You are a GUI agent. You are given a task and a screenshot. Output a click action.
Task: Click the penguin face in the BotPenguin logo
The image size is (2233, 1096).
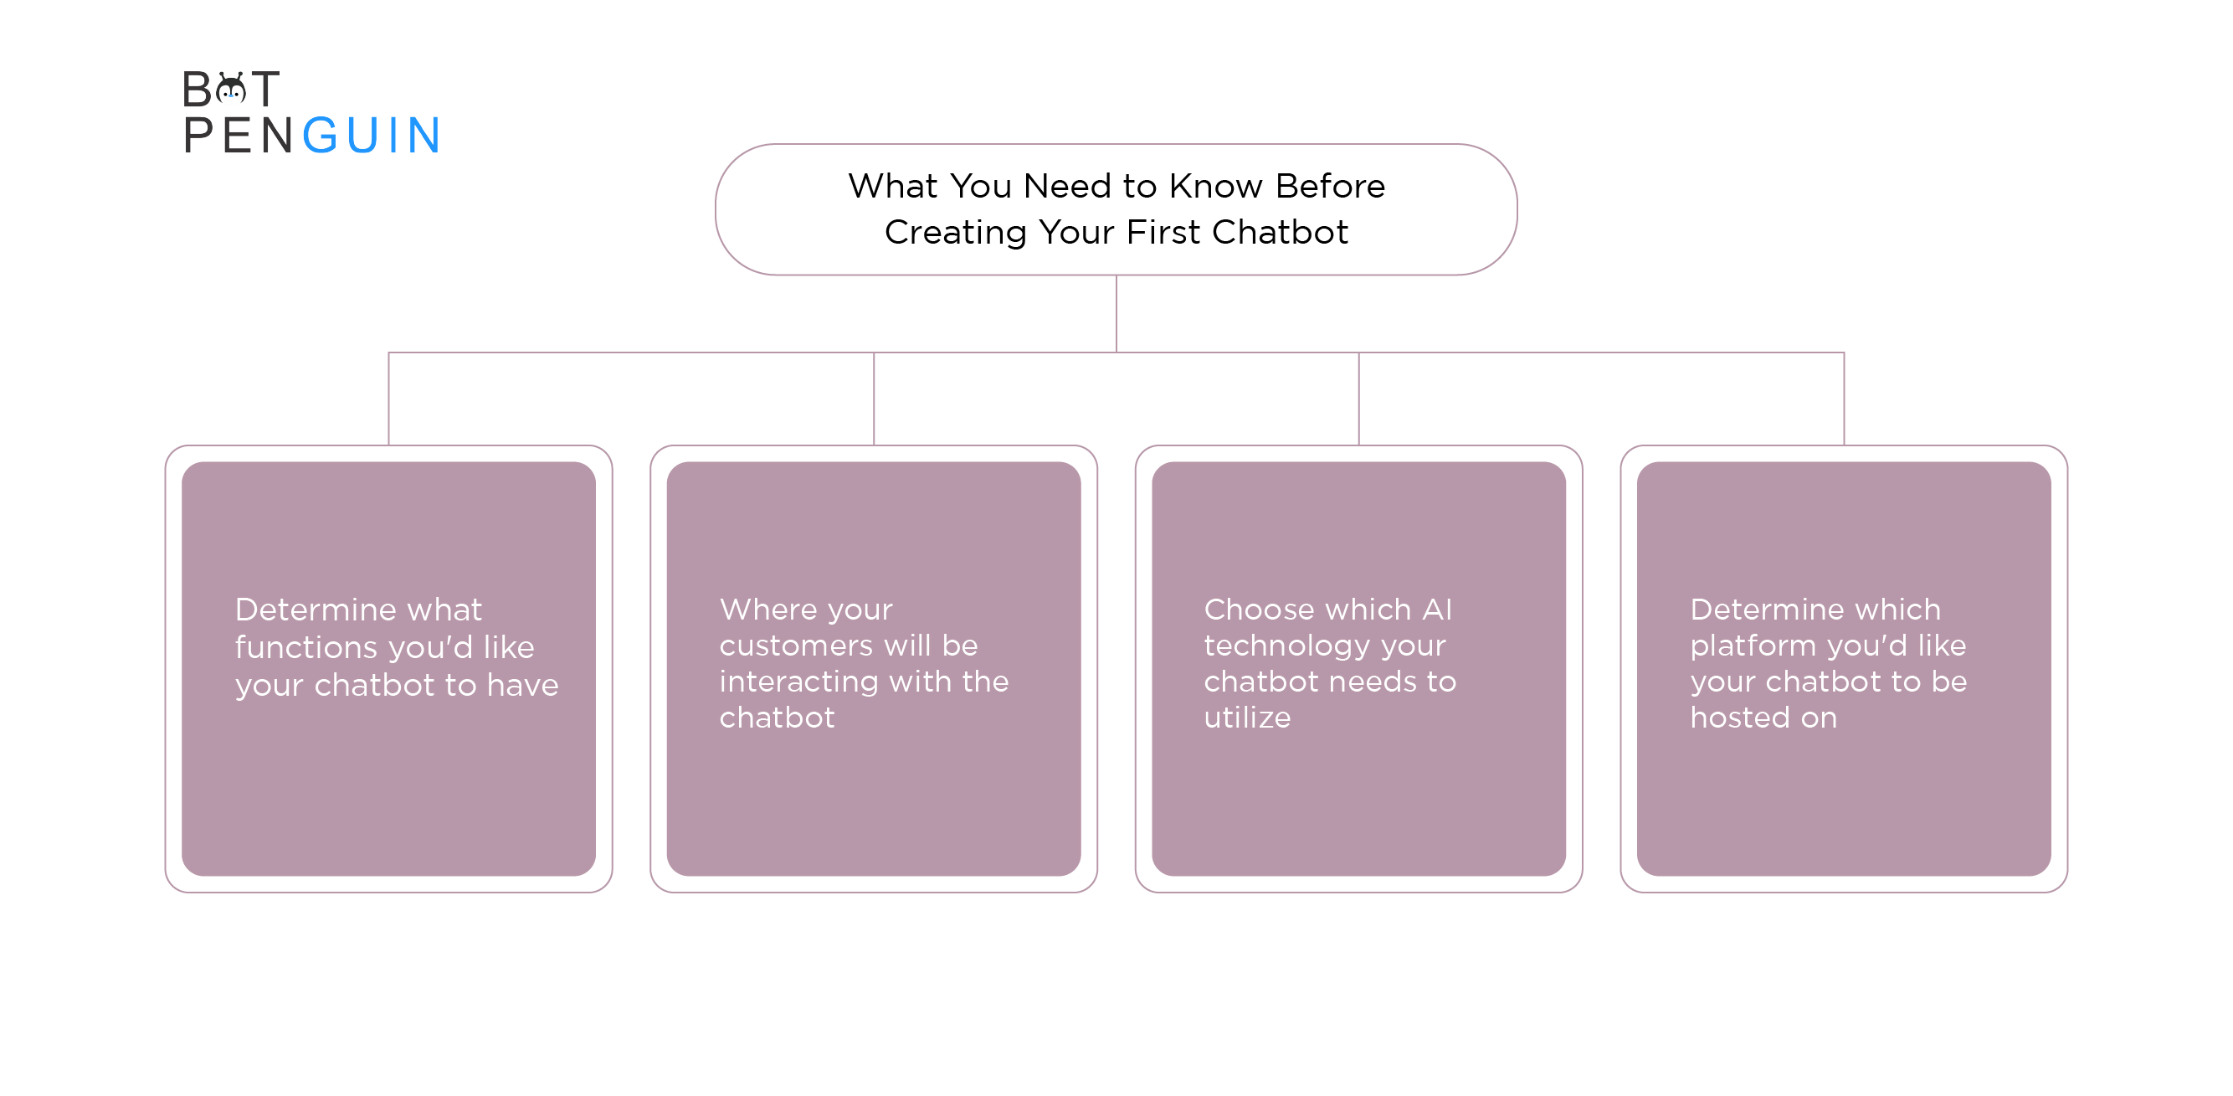[232, 90]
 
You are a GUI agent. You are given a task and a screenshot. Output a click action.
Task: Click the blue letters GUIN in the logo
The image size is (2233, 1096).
[372, 136]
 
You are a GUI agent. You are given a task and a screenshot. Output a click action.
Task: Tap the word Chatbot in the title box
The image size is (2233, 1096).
[1280, 233]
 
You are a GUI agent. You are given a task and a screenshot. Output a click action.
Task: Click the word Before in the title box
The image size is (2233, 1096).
[1331, 187]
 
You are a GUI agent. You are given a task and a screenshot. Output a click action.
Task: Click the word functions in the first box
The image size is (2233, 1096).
[306, 647]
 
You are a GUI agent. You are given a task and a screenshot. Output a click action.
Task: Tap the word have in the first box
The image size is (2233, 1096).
[523, 685]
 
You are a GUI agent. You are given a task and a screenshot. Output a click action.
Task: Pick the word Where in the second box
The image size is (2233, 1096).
[757, 610]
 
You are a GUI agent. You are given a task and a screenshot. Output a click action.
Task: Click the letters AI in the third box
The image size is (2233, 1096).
[1437, 610]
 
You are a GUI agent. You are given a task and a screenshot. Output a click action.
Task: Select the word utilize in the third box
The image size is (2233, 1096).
[1247, 718]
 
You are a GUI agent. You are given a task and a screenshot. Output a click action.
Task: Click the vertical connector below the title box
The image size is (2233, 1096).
[1116, 314]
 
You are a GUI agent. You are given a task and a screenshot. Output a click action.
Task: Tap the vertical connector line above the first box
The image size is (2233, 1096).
[389, 399]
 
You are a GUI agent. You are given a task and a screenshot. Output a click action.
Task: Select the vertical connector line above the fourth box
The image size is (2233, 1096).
[1844, 399]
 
